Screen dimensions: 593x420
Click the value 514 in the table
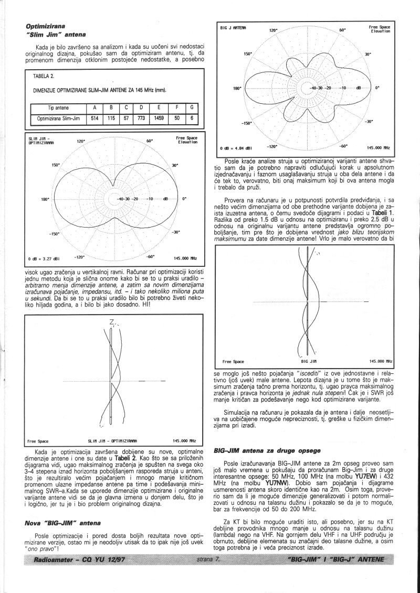[x=94, y=118]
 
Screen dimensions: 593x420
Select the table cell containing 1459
[x=156, y=118]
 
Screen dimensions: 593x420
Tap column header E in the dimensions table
[x=156, y=109]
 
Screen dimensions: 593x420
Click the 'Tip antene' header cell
[x=58, y=109]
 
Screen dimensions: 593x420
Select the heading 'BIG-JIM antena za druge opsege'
[x=267, y=450]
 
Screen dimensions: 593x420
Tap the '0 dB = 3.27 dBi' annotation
[x=41, y=258]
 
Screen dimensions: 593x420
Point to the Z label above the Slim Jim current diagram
[x=111, y=322]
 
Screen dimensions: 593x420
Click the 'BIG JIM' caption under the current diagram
[x=309, y=362]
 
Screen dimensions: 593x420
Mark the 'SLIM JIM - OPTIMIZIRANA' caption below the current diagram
[x=112, y=441]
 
